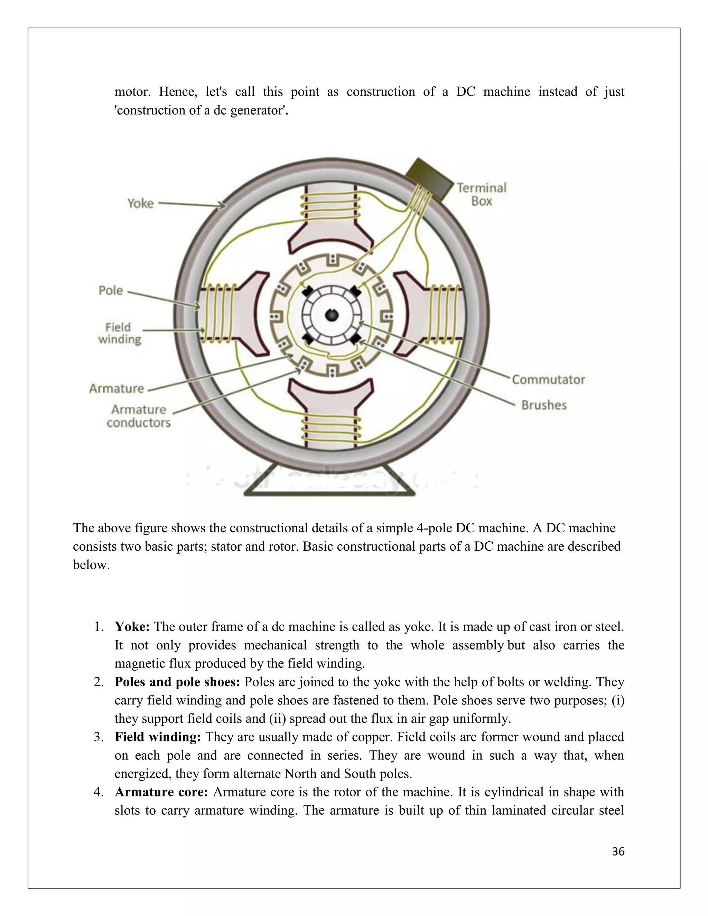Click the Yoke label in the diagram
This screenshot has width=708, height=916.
(140, 203)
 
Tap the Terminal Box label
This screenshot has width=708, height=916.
(482, 194)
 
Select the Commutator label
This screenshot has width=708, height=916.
(548, 380)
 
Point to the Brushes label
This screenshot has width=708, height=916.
(543, 405)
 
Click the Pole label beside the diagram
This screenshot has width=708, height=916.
(111, 290)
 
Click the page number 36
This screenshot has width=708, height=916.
(618, 851)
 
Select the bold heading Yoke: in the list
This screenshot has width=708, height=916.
(132, 627)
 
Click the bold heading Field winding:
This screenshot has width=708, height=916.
(158, 737)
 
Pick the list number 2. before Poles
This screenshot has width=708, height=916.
(99, 682)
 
